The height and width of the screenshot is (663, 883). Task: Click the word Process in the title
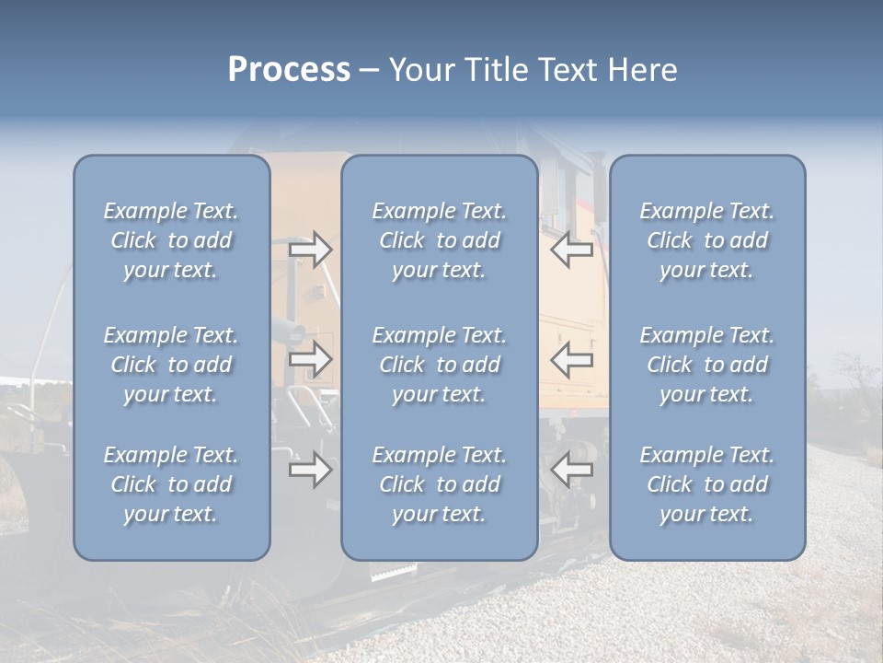(289, 70)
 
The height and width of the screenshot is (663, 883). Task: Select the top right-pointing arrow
(310, 250)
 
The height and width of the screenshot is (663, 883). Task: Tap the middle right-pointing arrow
(310, 360)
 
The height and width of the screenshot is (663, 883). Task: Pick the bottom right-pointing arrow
(310, 471)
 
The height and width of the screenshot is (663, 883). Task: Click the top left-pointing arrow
(571, 250)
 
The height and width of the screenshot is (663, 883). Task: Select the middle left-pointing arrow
(571, 360)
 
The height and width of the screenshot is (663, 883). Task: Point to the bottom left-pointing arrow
(571, 471)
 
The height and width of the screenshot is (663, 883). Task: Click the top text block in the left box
(171, 240)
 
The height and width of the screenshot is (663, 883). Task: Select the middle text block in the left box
(171, 365)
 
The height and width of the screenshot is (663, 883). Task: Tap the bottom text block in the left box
(171, 484)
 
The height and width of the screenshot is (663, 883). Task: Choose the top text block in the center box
(440, 240)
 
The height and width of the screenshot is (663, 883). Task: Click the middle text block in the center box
(440, 365)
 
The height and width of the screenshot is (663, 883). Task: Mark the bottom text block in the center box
(440, 484)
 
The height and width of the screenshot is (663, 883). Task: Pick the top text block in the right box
(707, 240)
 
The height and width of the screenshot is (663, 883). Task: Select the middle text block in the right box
(707, 365)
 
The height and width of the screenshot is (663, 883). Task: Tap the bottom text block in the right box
(707, 484)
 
